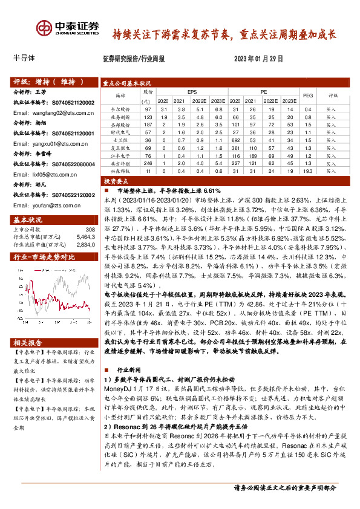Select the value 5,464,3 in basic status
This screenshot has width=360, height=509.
point(87,238)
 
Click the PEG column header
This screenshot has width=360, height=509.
point(307,96)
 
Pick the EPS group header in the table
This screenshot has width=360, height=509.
point(192,91)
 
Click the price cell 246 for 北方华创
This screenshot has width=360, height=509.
point(148,163)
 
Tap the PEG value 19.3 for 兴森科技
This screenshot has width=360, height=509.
point(307,172)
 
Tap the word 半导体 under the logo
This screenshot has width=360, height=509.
point(24,58)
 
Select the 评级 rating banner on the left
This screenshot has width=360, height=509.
point(42,81)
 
